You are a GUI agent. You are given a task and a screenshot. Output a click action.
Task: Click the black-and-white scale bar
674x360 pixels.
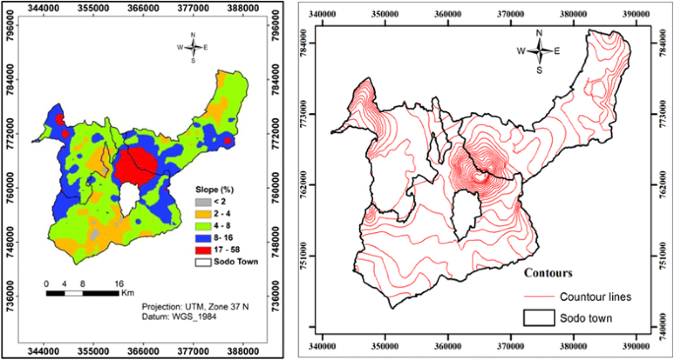point(83,292)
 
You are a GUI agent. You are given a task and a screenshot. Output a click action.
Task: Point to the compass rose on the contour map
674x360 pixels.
point(538,51)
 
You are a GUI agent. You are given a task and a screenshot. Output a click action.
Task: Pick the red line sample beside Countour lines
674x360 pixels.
point(540,296)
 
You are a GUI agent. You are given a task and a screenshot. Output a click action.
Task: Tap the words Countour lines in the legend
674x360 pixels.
point(601,296)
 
